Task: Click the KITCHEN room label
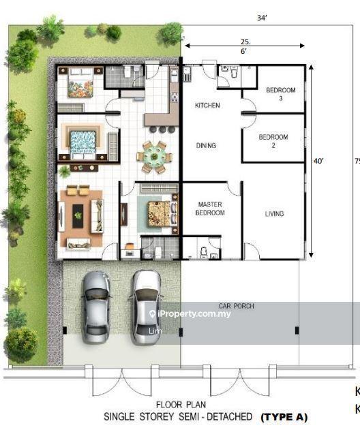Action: pyautogui.click(x=207, y=105)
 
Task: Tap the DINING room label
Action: pyautogui.click(x=206, y=145)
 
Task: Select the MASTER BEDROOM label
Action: pyautogui.click(x=210, y=209)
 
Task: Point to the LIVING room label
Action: pyautogui.click(x=274, y=214)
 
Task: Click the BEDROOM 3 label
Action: pyautogui.click(x=281, y=94)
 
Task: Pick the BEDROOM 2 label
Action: pyautogui.click(x=273, y=141)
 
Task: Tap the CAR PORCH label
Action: pyautogui.click(x=236, y=306)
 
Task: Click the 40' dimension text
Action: pyautogui.click(x=318, y=161)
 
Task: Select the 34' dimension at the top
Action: pyautogui.click(x=262, y=18)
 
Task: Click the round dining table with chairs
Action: pyautogui.click(x=154, y=157)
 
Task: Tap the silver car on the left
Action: pyautogui.click(x=95, y=307)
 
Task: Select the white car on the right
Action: pyautogui.click(x=145, y=307)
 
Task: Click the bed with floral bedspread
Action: pyautogui.click(x=80, y=84)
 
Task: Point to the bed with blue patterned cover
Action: pyautogui.click(x=83, y=142)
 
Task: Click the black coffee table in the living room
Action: pyautogui.click(x=78, y=216)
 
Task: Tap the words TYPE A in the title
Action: pyautogui.click(x=284, y=417)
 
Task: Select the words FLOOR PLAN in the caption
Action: pyautogui.click(x=181, y=405)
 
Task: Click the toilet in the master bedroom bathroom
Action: pyautogui.click(x=204, y=253)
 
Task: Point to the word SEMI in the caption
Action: pyautogui.click(x=190, y=416)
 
